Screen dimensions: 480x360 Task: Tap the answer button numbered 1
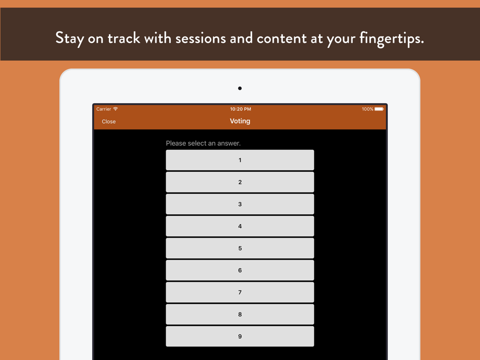tap(240, 160)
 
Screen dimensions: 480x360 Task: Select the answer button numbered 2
tap(240, 182)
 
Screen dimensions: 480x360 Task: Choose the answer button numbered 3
tap(240, 204)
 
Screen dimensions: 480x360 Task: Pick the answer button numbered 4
tap(240, 226)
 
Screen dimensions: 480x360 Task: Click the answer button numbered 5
tap(240, 248)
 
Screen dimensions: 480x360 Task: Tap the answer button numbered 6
tap(240, 270)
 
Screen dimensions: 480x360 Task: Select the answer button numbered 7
tap(240, 292)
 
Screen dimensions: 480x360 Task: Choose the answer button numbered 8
tap(240, 314)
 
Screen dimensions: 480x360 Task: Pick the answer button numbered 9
tap(240, 336)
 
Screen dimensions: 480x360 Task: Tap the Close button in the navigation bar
tap(108, 121)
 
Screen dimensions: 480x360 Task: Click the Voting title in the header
tap(240, 121)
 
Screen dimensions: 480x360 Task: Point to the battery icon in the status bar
tap(379, 109)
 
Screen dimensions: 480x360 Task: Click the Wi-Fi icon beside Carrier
tap(115, 108)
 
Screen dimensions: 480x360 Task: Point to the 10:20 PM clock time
tap(240, 109)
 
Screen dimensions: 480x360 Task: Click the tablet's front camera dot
tap(240, 88)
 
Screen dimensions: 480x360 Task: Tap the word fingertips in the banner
tap(392, 39)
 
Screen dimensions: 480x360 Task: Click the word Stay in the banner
tap(70, 39)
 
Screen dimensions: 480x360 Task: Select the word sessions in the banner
tap(201, 39)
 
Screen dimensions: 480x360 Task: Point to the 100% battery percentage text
tap(367, 109)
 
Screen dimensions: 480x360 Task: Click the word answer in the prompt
tap(229, 143)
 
